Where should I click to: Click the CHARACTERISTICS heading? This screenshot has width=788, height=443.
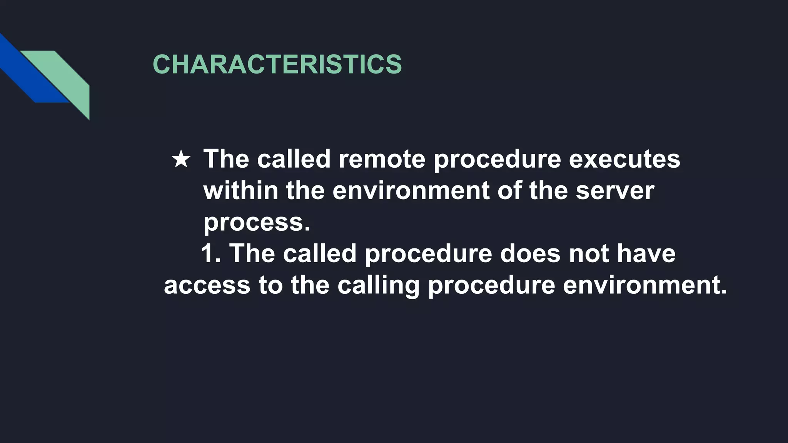[277, 64]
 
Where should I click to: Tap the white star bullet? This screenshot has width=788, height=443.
[181, 159]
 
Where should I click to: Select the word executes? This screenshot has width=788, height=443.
[624, 158]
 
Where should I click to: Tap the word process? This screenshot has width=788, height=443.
[256, 222]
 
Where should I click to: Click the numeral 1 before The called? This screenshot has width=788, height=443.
[208, 253]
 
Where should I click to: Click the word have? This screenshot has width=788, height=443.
[646, 253]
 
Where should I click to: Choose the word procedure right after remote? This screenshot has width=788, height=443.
[497, 158]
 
